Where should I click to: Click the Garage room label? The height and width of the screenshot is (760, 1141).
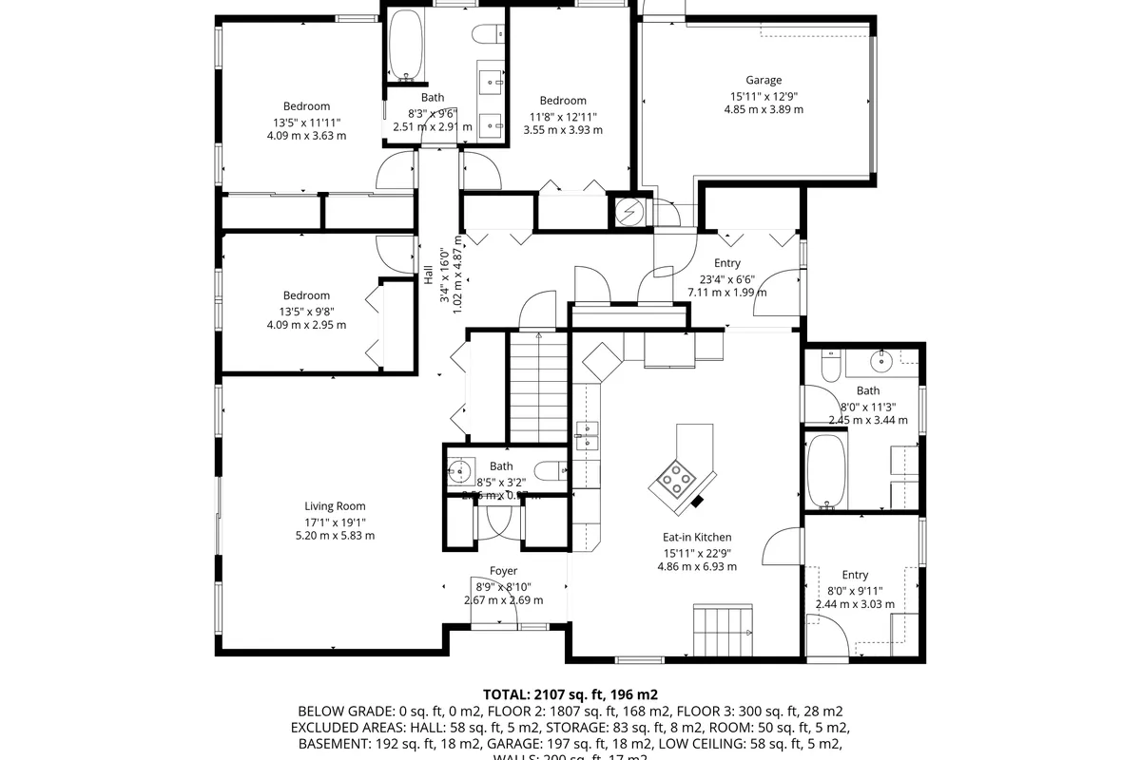tap(763, 81)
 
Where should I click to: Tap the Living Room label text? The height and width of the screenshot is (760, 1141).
tap(335, 506)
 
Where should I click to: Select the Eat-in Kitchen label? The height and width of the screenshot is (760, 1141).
tap(697, 538)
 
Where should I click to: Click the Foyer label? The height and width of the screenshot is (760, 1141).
tap(503, 571)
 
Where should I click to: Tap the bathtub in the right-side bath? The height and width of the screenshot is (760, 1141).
tap(826, 472)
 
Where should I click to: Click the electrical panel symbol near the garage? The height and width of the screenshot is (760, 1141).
tap(629, 212)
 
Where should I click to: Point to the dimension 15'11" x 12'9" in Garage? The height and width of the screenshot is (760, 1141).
tap(763, 96)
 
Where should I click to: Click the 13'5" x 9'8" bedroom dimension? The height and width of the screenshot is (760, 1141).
tap(306, 311)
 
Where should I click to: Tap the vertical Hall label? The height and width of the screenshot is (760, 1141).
tap(428, 275)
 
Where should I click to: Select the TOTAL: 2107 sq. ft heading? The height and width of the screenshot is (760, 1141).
tap(570, 694)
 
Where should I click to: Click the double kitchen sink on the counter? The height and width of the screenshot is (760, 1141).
tap(588, 435)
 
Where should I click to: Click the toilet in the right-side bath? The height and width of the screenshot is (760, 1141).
tap(830, 366)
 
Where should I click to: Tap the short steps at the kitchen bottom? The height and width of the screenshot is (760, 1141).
tap(723, 623)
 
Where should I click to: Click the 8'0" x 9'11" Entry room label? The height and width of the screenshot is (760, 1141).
tap(855, 575)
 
